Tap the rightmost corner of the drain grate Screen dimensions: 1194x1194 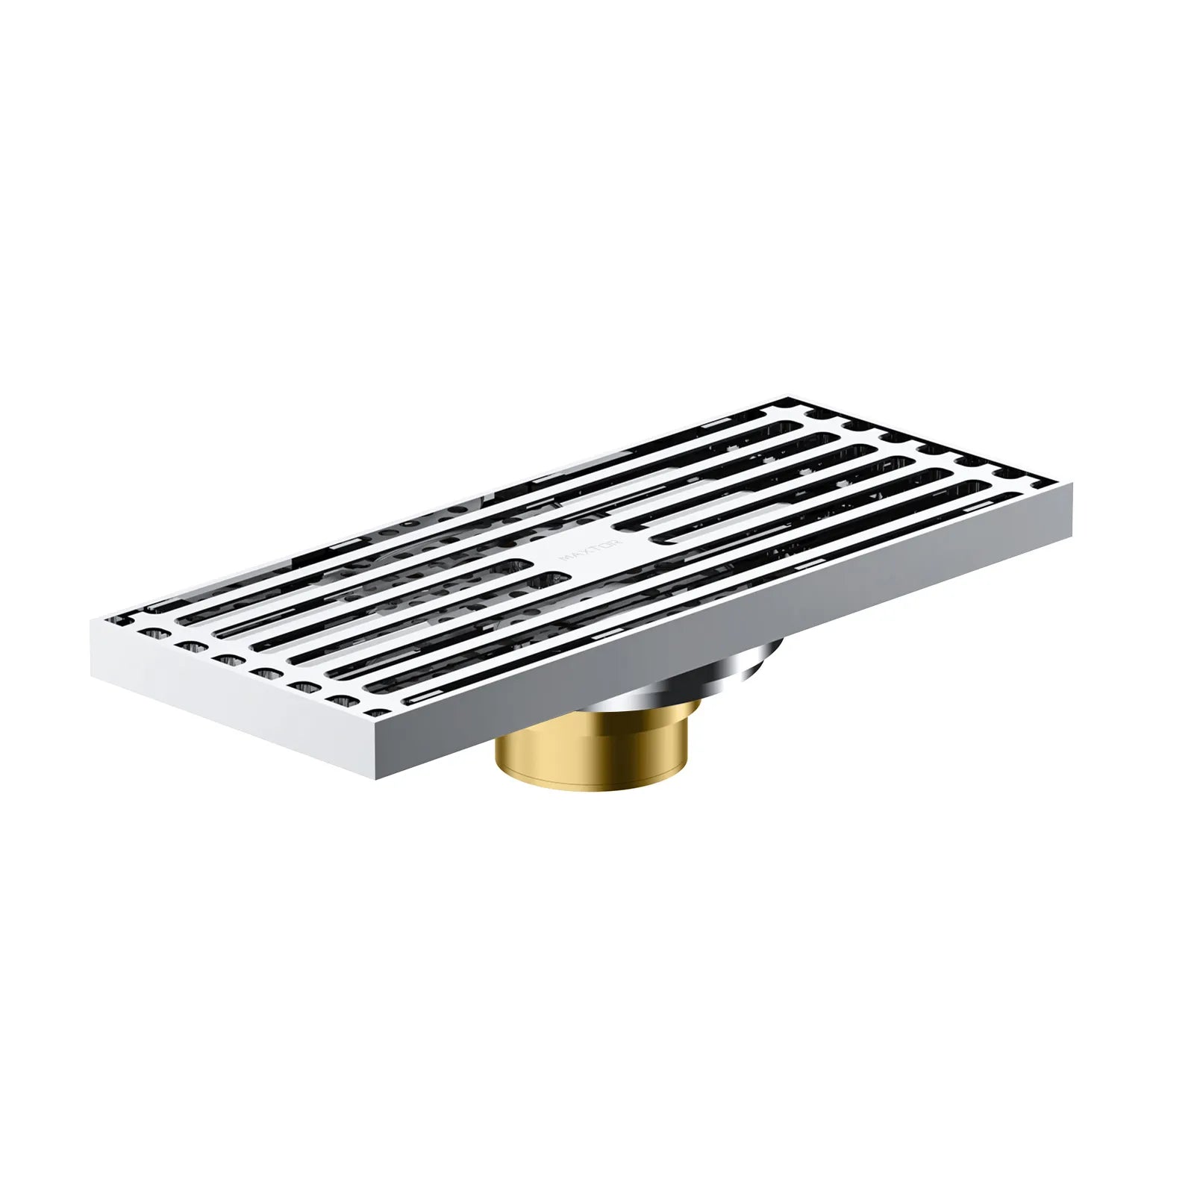[x=1072, y=484]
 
